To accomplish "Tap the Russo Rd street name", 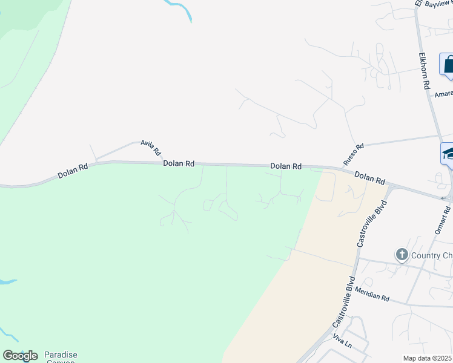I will pos(353,154).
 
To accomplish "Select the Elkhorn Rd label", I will pos(424,71).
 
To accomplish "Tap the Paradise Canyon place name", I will pos(60,357).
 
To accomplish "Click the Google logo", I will pos(19,356).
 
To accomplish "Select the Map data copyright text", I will pos(428,358).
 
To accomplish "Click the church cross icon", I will pos(401,255).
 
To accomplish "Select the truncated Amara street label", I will pos(443,94).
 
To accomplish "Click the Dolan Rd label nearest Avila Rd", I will pos(178,163).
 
